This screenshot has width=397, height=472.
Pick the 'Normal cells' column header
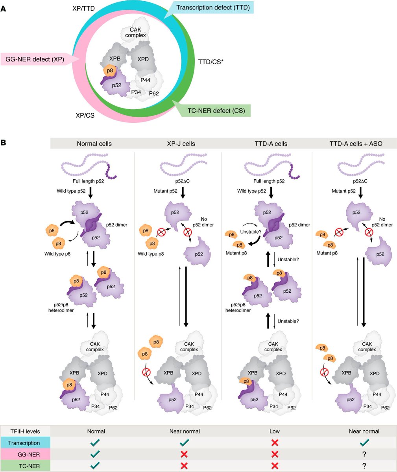click(x=94, y=144)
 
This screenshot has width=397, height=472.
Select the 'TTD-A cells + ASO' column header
click(x=354, y=144)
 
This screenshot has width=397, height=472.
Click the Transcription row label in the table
click(x=25, y=443)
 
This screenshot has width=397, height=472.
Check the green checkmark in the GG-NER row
click(x=94, y=454)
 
